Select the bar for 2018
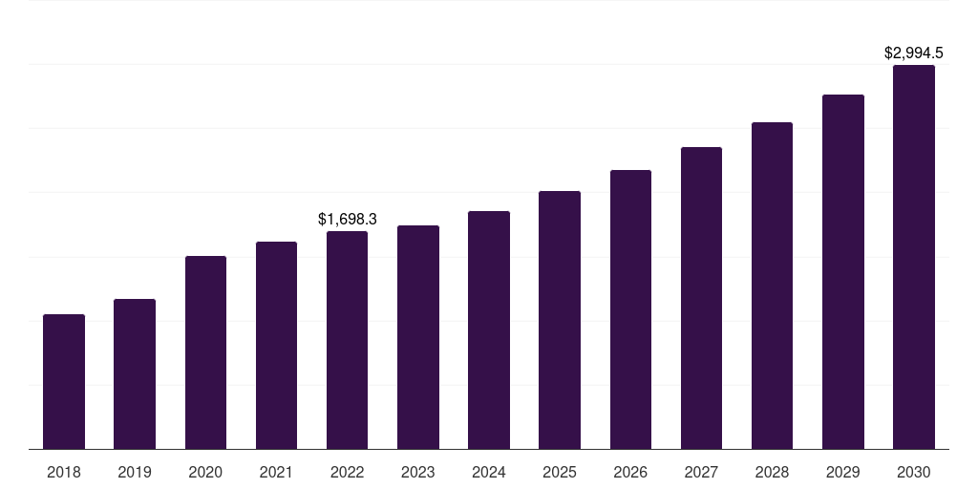coord(64,382)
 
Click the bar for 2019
coord(135,374)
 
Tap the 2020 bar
coord(205,352)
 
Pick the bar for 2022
coord(347,340)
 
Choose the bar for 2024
coord(489,330)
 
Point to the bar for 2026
coord(630,309)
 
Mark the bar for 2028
coord(772,286)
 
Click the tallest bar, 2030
coord(914,257)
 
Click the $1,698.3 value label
coord(348,219)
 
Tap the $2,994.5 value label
coord(914,53)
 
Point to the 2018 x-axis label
coord(64,472)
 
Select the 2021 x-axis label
coord(276,472)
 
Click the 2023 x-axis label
coord(418,472)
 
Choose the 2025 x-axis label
coord(560,472)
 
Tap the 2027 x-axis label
coord(701,472)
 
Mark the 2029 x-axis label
coord(843,472)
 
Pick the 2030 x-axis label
coord(914,472)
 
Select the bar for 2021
coord(276,346)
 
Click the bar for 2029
coord(843,272)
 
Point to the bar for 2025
coord(560,320)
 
